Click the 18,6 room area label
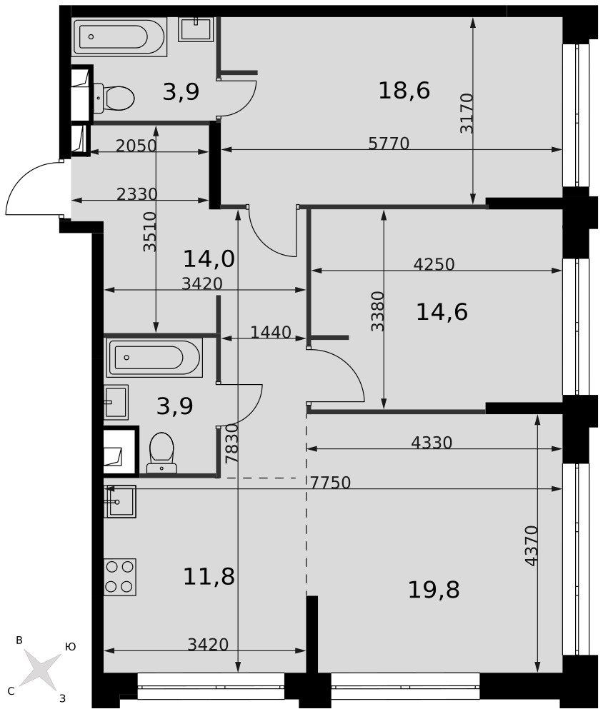click(x=404, y=91)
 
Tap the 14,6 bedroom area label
click(x=442, y=313)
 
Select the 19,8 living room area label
click(x=434, y=590)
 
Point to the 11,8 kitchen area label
click(x=209, y=576)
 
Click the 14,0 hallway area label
click(x=209, y=259)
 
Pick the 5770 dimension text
click(x=389, y=144)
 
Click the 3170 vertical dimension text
click(x=467, y=114)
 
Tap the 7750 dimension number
click(x=331, y=483)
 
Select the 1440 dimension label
click(x=271, y=333)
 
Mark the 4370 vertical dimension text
click(x=532, y=546)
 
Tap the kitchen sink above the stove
click(x=120, y=501)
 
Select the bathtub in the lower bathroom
click(x=154, y=358)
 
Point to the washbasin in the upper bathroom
click(x=196, y=29)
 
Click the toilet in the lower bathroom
click(x=161, y=453)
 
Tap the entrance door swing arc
click(x=23, y=180)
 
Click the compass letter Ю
click(x=70, y=647)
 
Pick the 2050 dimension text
click(x=136, y=146)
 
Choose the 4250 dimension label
click(x=434, y=264)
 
